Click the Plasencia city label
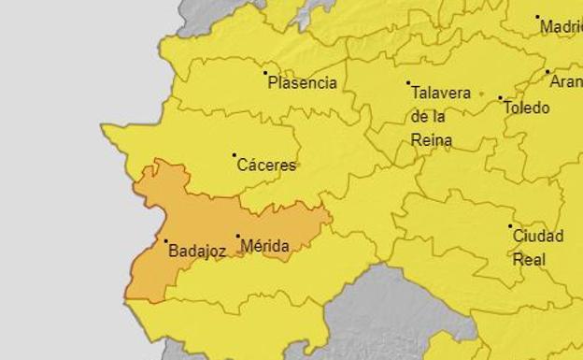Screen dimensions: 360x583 [302, 83]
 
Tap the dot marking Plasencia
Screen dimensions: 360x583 [265, 72]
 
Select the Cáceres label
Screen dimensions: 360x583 [266, 166]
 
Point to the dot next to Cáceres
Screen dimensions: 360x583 [234, 155]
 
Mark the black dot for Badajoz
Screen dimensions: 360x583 [166, 240]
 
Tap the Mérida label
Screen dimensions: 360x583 [264, 247]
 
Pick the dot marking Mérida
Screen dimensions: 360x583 [237, 237]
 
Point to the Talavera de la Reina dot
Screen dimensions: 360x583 [408, 83]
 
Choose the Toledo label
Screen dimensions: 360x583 [526, 108]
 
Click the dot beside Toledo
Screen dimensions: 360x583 [500, 98]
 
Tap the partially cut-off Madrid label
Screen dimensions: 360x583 [561, 27]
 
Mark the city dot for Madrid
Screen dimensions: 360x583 [537, 17]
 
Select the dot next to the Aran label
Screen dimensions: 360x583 [547, 71]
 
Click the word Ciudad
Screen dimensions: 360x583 [537, 237]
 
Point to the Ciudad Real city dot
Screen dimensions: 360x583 [510, 226]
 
